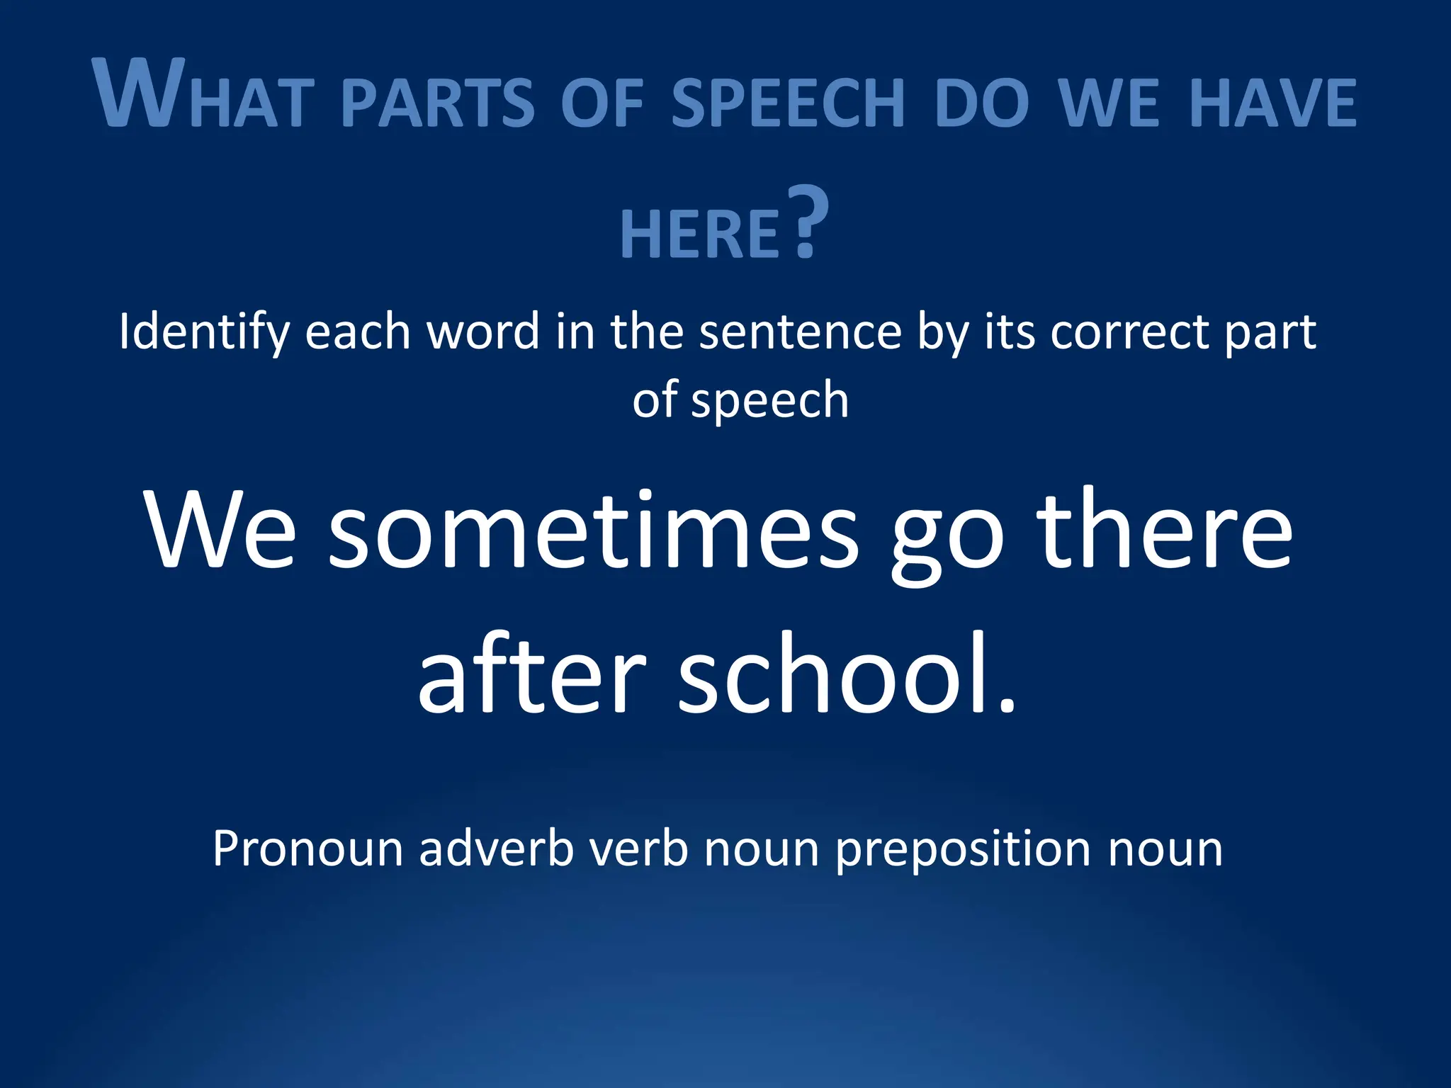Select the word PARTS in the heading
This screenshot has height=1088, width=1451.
click(x=438, y=103)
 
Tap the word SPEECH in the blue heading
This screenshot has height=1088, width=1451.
click(x=788, y=103)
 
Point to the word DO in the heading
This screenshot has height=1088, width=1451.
click(x=981, y=103)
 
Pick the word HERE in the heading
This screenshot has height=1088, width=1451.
click(x=700, y=234)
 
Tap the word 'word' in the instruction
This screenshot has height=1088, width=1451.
click(x=483, y=331)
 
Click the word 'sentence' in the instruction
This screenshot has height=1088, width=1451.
click(x=800, y=331)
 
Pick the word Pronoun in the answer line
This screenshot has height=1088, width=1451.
click(x=307, y=849)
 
